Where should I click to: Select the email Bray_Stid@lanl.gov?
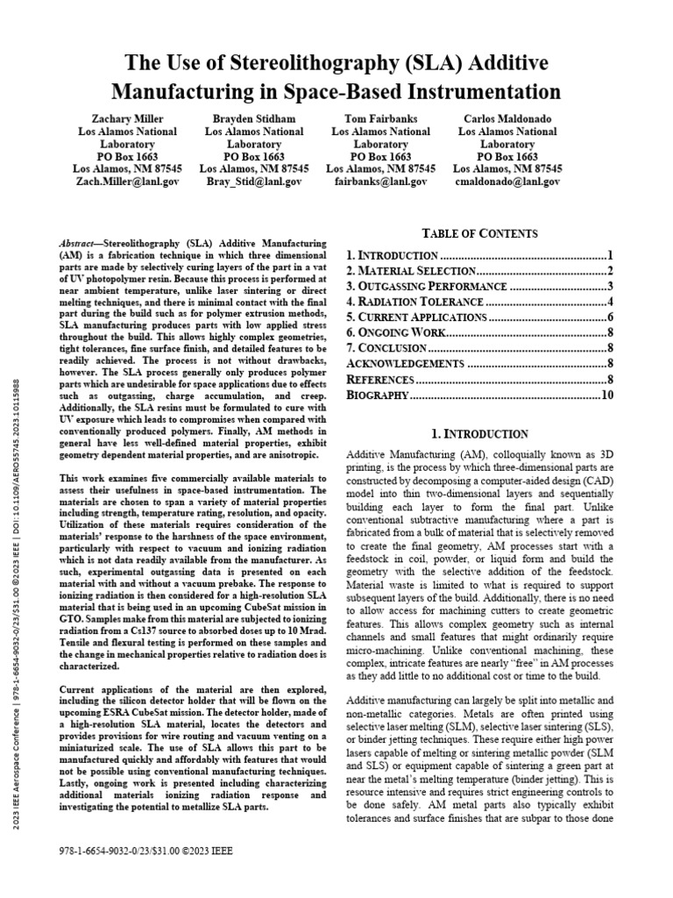[x=253, y=182]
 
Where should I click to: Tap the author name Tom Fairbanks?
[x=380, y=118]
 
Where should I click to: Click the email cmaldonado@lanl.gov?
[x=507, y=182]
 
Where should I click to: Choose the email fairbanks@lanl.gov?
[x=380, y=182]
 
